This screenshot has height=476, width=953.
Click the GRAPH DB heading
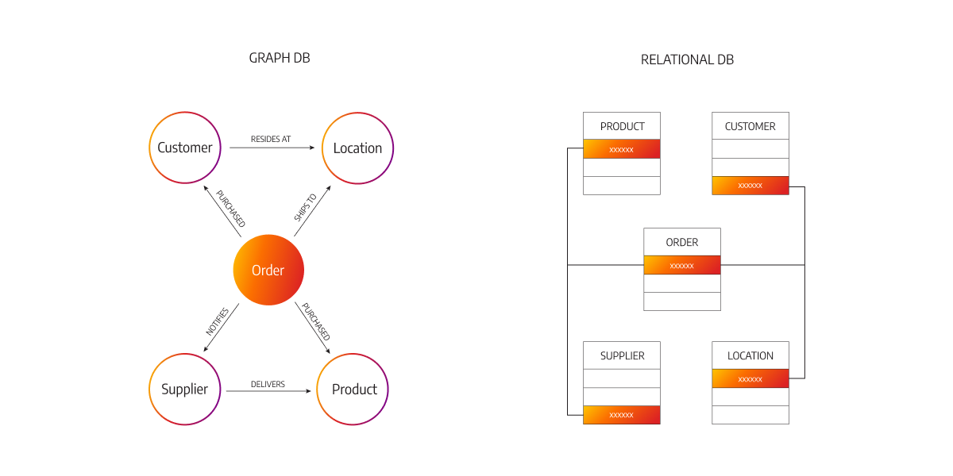tap(279, 59)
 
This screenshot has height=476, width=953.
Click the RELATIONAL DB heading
tap(687, 59)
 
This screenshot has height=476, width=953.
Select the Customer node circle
tap(185, 148)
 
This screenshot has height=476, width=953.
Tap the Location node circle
tap(357, 148)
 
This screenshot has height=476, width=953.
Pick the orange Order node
tap(268, 271)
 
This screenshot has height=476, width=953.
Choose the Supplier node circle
tap(185, 390)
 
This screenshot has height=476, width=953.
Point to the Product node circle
tap(353, 390)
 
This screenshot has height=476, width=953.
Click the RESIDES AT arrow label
tap(271, 140)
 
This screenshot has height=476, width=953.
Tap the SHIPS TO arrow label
tap(306, 208)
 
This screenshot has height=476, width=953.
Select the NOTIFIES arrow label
tap(217, 322)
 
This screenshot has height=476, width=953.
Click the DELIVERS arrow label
tap(268, 385)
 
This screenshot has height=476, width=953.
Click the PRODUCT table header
tap(622, 126)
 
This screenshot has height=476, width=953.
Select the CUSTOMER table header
tap(750, 126)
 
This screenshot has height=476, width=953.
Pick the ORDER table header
tap(682, 242)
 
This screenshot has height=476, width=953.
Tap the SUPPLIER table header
tap(622, 355)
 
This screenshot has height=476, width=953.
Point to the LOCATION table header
tap(750, 355)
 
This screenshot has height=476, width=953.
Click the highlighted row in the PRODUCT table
tap(622, 149)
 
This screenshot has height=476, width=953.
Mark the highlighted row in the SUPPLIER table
tap(622, 414)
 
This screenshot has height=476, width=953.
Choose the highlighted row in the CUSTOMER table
tap(750, 186)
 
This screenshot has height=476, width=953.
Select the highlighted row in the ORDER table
tap(682, 265)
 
